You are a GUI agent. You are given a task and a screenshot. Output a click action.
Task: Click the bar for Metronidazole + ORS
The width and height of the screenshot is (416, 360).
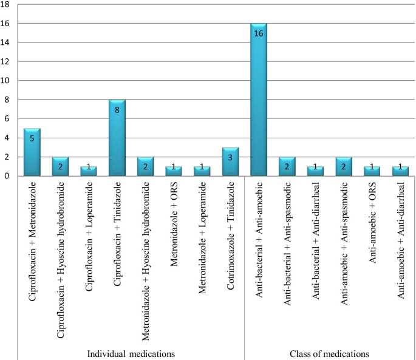(174, 171)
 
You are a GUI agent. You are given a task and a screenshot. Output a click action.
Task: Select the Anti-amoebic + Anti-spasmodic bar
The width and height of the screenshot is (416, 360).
(344, 166)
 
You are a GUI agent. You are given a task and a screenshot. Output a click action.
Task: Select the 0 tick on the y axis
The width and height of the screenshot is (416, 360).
(7, 176)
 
